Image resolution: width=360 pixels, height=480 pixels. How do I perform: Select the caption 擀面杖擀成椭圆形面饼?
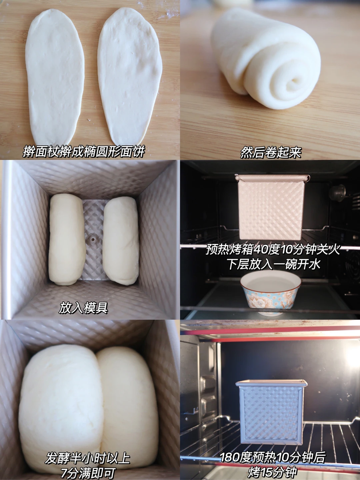[x=84, y=152]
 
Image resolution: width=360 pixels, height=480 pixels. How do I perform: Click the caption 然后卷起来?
[x=271, y=153]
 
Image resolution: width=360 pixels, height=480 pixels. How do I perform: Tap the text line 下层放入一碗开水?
[x=274, y=264]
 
